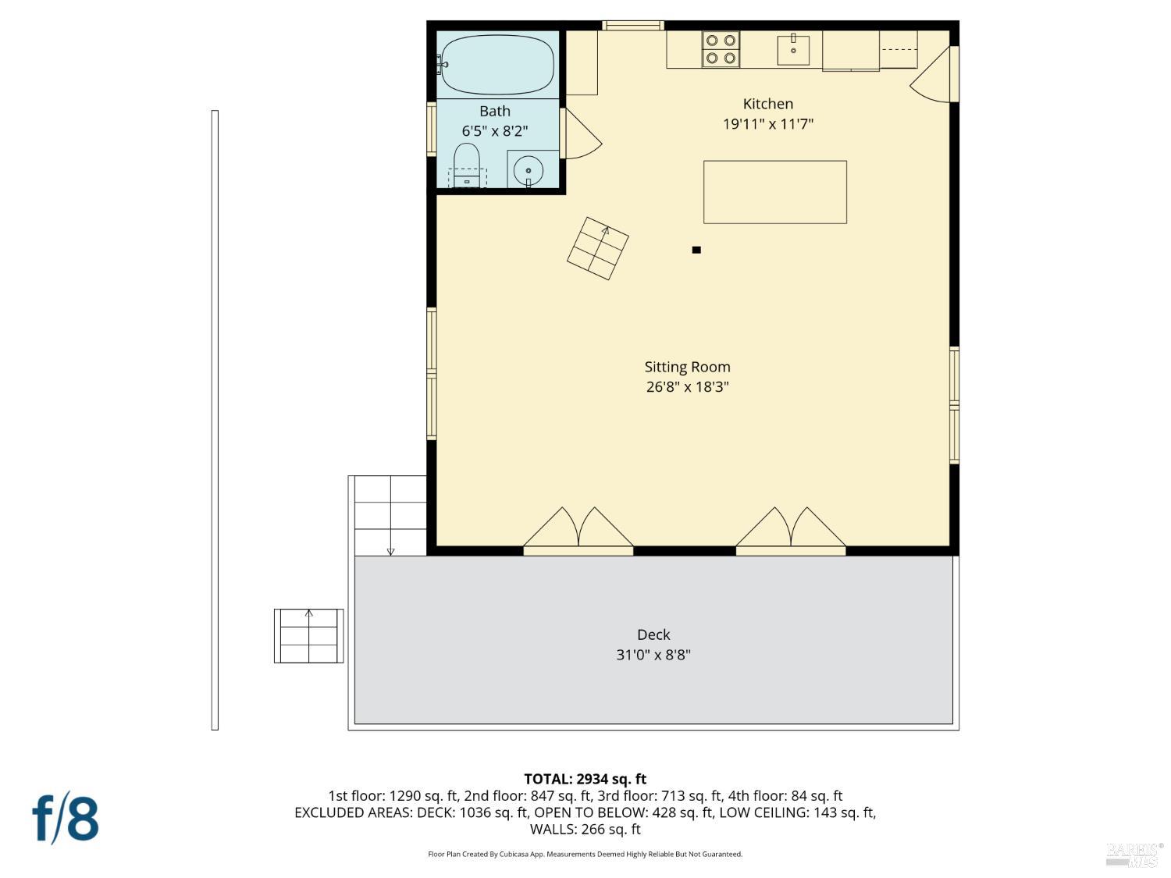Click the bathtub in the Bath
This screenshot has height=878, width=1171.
point(497,64)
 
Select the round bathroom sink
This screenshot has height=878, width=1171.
point(529,169)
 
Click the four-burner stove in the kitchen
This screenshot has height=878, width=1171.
point(720,49)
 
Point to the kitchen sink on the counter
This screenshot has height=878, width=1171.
point(793,49)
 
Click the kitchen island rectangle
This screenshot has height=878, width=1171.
point(774,192)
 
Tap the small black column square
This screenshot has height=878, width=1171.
point(696,250)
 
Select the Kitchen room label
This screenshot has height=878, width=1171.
point(767,104)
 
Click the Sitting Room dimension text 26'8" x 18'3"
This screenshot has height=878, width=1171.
point(687,387)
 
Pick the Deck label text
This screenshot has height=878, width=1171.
point(653,635)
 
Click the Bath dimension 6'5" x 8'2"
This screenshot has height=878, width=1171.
point(495,131)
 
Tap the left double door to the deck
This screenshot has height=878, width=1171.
point(578,531)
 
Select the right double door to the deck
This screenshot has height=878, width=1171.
point(791,531)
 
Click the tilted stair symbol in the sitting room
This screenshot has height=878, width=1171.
point(598,248)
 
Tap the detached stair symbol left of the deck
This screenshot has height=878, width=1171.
point(308,636)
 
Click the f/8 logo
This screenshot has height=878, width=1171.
point(66,818)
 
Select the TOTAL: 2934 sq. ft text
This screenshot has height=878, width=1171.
point(585,779)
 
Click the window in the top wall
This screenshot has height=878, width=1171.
point(633,26)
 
